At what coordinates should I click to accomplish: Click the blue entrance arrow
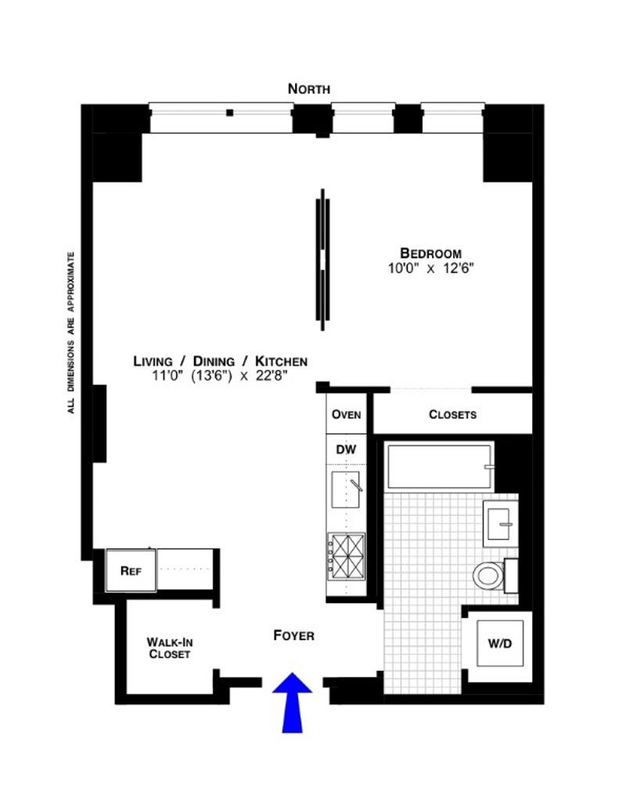(292, 700)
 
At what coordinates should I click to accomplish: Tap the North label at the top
(309, 89)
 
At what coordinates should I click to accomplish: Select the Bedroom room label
(430, 253)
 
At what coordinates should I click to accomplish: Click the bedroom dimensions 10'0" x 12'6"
(430, 268)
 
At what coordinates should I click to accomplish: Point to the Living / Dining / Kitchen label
(220, 361)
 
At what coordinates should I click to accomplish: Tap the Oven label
(346, 414)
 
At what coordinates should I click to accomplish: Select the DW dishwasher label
(346, 450)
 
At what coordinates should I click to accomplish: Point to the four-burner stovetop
(345, 555)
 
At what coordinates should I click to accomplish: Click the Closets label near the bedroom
(452, 414)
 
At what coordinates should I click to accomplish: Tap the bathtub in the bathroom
(438, 468)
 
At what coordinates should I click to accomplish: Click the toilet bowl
(487, 577)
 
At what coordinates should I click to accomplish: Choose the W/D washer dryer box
(499, 644)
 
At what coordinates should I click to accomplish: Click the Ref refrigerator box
(130, 570)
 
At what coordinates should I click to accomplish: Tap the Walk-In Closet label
(168, 648)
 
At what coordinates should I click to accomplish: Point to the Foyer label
(293, 635)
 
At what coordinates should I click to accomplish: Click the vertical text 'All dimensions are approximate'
(71, 332)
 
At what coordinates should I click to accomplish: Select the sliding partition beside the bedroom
(322, 259)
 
